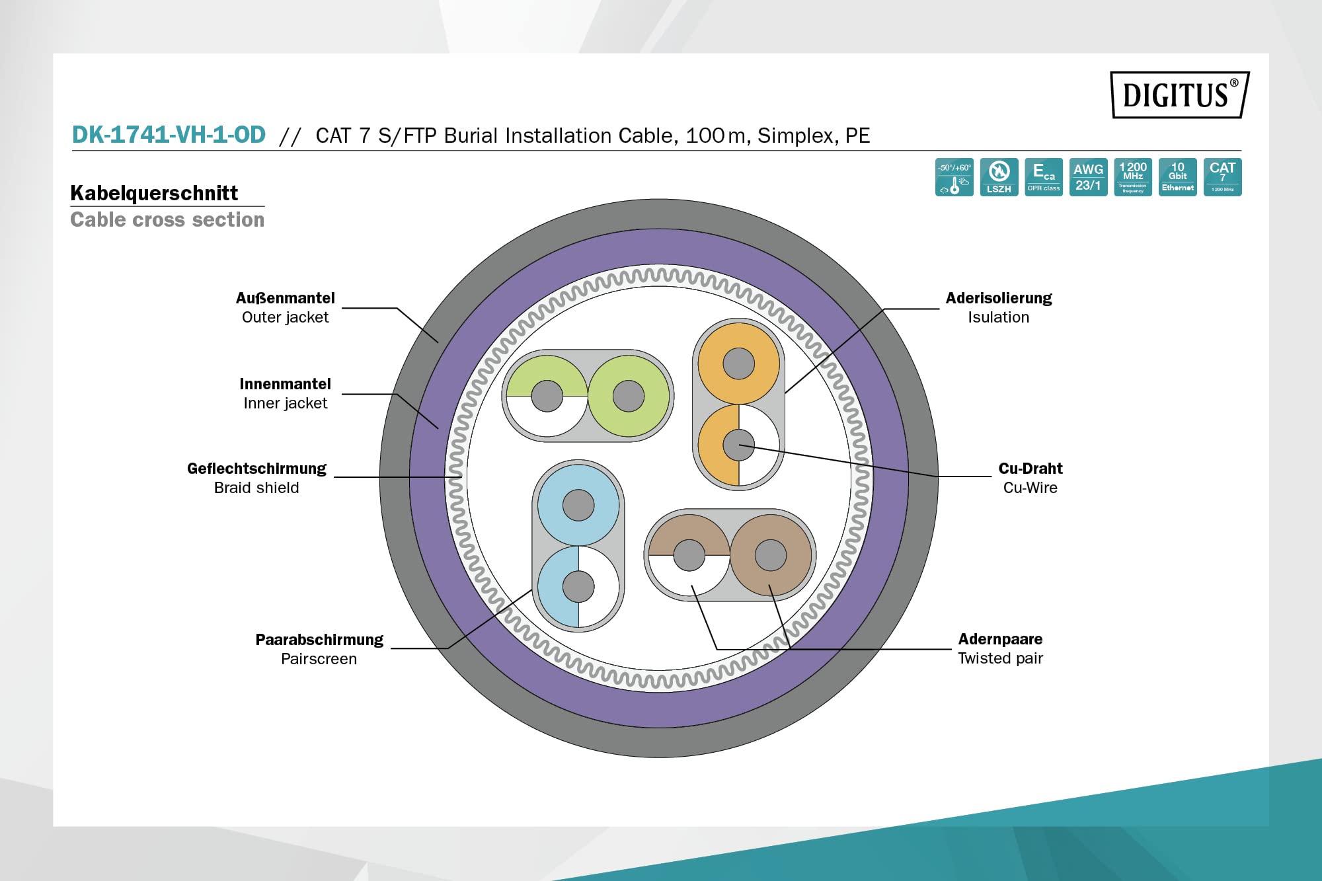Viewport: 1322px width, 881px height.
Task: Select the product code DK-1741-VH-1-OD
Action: (169, 135)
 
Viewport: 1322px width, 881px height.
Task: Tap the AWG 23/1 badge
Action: (1088, 177)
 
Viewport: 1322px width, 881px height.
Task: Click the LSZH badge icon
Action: (999, 177)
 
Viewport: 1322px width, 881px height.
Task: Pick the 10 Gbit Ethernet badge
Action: (1177, 177)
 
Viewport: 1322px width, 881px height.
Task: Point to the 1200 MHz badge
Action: (1132, 177)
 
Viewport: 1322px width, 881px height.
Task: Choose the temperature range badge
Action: (954, 177)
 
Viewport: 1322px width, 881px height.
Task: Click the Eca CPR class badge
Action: (1044, 177)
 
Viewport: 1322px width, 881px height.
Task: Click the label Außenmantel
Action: (285, 298)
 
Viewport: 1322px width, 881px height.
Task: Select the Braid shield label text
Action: (256, 488)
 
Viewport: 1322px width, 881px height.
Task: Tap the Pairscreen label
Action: (319, 659)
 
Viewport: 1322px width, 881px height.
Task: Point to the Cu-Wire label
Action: (1030, 488)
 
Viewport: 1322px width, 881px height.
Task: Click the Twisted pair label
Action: (1000, 658)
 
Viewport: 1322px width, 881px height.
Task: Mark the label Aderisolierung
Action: (998, 298)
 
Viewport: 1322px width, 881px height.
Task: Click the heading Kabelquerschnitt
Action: (154, 193)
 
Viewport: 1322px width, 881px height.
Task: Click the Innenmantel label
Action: (285, 384)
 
